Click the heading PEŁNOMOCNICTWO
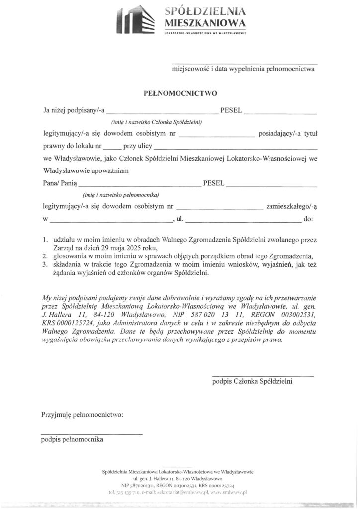pyautogui.click(x=180, y=92)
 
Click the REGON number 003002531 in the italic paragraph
pyautogui.click(x=295, y=315)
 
